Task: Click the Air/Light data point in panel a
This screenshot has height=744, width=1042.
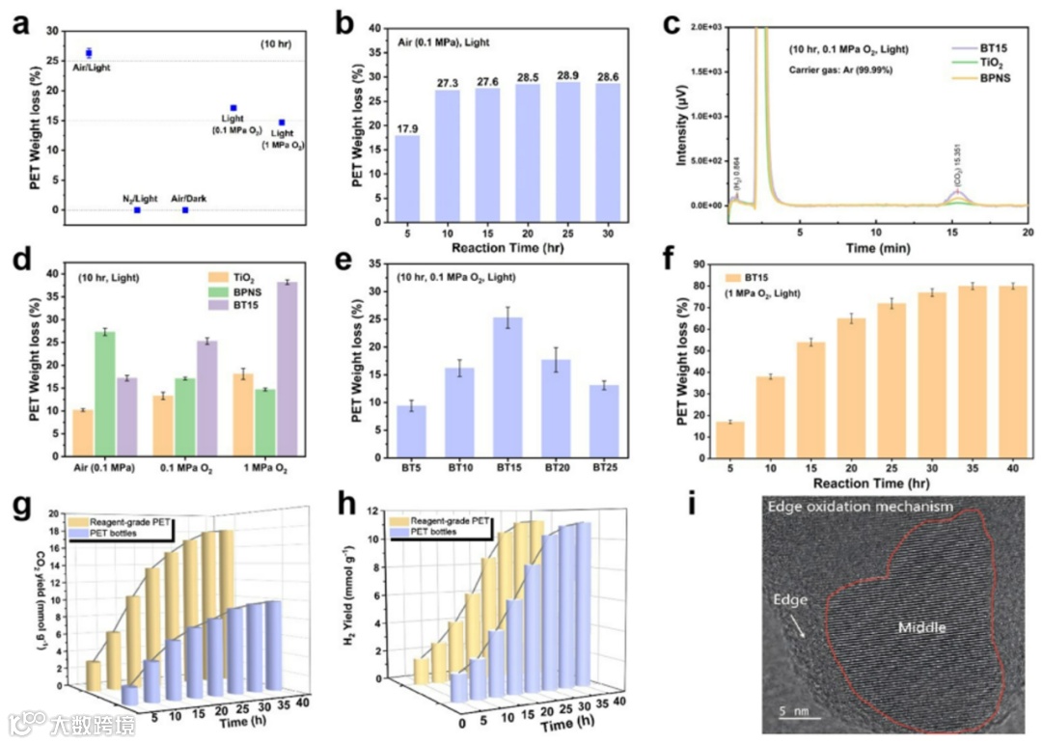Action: pyautogui.click(x=89, y=53)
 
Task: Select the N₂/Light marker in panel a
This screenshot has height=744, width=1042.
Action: pyautogui.click(x=137, y=209)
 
